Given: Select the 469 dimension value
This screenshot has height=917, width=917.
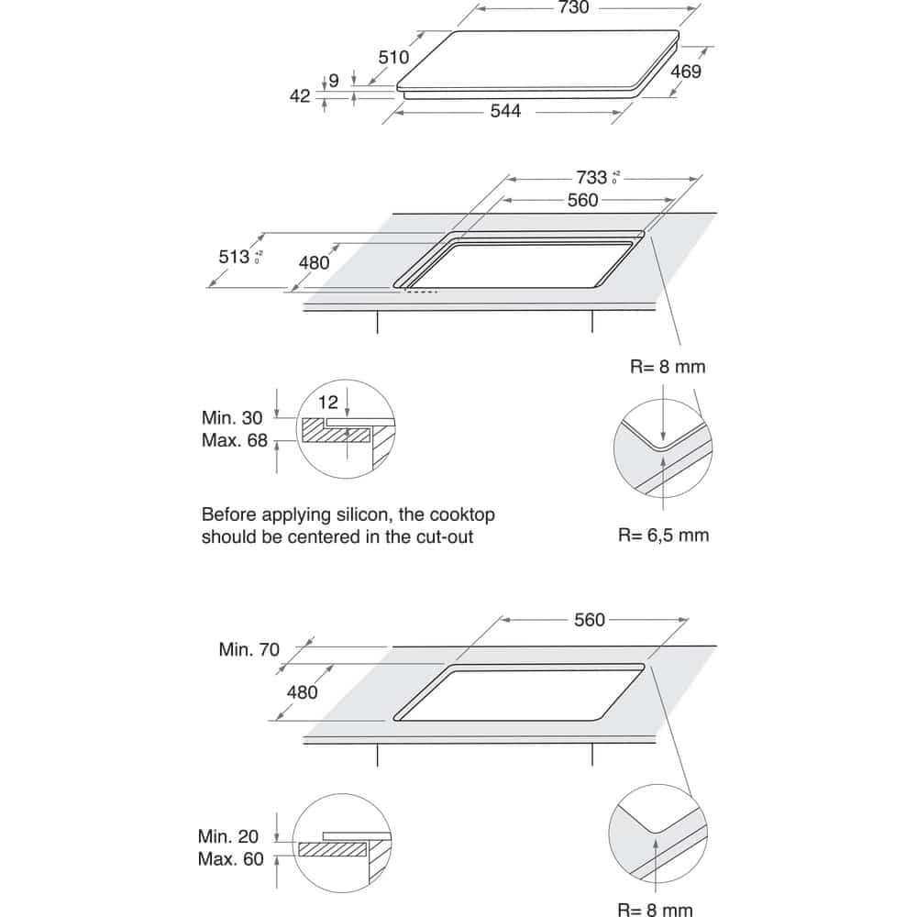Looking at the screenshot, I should (x=686, y=71).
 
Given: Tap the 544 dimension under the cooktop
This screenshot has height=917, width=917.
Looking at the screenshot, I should (x=505, y=111).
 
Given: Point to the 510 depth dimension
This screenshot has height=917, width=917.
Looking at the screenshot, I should (x=393, y=57).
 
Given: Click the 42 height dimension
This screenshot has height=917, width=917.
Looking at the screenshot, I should (x=300, y=95).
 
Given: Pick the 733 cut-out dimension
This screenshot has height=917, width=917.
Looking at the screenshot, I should (x=591, y=177).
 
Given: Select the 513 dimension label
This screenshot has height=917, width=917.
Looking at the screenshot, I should (x=235, y=257).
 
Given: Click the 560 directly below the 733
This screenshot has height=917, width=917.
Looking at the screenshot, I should (x=581, y=200).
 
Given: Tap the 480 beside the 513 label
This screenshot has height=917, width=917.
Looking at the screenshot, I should (x=314, y=262).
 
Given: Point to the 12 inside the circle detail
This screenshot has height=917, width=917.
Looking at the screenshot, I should (x=329, y=401).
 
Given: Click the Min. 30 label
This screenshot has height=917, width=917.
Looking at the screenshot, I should (x=234, y=417).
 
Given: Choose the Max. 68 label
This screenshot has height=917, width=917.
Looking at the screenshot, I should (x=234, y=440).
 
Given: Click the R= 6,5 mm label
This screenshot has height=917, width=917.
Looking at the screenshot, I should (x=664, y=534).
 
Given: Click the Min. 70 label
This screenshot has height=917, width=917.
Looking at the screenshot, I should (x=249, y=649).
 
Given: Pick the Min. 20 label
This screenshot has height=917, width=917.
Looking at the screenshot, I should (x=229, y=836).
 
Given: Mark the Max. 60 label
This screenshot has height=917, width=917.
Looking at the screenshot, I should (x=229, y=859).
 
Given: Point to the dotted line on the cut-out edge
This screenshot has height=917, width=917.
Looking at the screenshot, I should (x=422, y=293).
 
